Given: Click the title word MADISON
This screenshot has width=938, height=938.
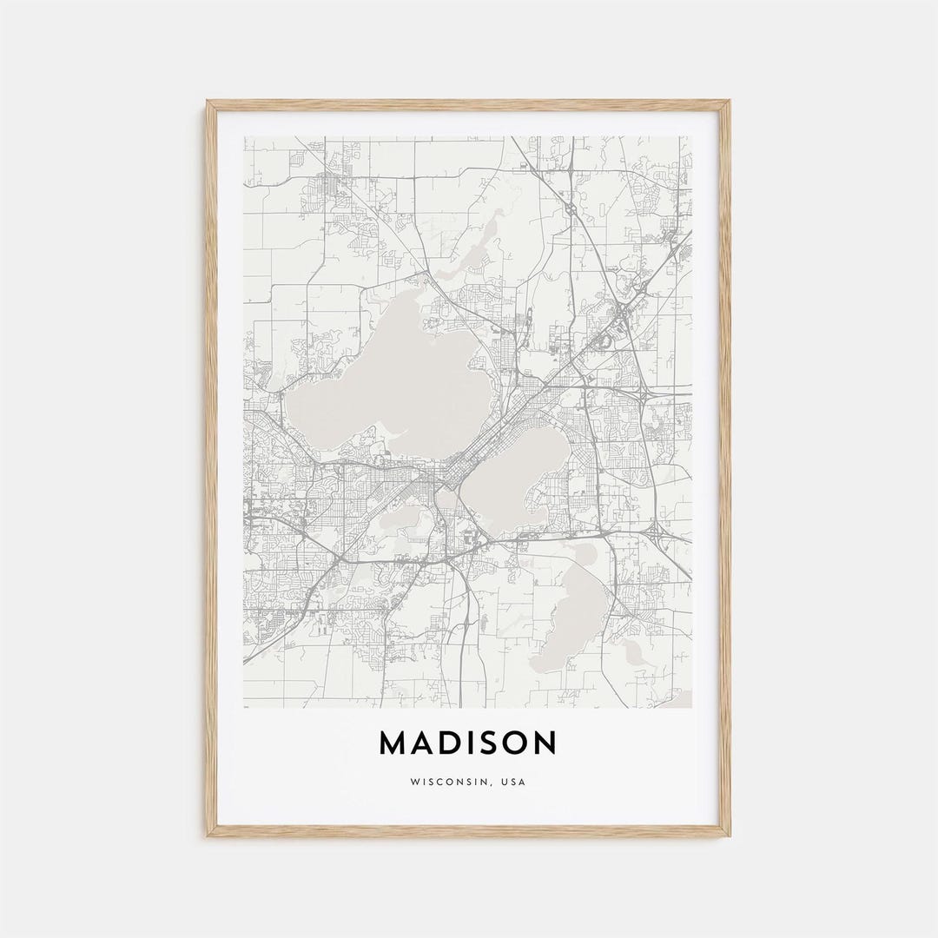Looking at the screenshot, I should click(x=468, y=743).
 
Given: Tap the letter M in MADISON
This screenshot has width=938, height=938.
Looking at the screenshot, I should click(x=393, y=743).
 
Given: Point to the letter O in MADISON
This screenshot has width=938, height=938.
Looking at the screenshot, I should click(x=515, y=743).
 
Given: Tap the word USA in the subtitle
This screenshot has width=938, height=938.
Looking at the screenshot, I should click(x=513, y=782).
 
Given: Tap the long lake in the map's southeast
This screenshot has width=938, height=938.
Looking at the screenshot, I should click(x=573, y=617).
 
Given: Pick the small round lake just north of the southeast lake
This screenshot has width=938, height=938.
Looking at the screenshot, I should click(x=584, y=552).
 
